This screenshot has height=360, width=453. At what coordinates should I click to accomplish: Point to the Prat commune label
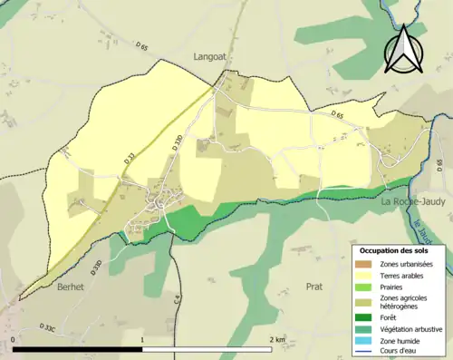pyautogui.click(x=315, y=286)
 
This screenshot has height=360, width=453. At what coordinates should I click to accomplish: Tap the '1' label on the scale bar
pyautogui.click(x=143, y=340)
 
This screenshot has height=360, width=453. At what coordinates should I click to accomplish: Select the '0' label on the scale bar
pyautogui.click(x=14, y=340)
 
